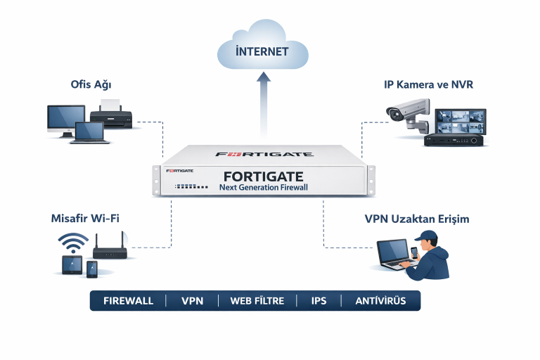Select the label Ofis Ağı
click(91, 85)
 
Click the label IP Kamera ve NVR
click(428, 85)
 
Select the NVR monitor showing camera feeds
click(458, 122)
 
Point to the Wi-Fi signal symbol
click(73, 243)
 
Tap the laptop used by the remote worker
click(393, 252)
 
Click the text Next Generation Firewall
click(263, 187)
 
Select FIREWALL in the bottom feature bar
click(128, 301)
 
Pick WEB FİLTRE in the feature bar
click(257, 301)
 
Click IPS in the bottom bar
click(319, 301)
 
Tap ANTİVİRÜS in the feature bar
click(380, 301)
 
